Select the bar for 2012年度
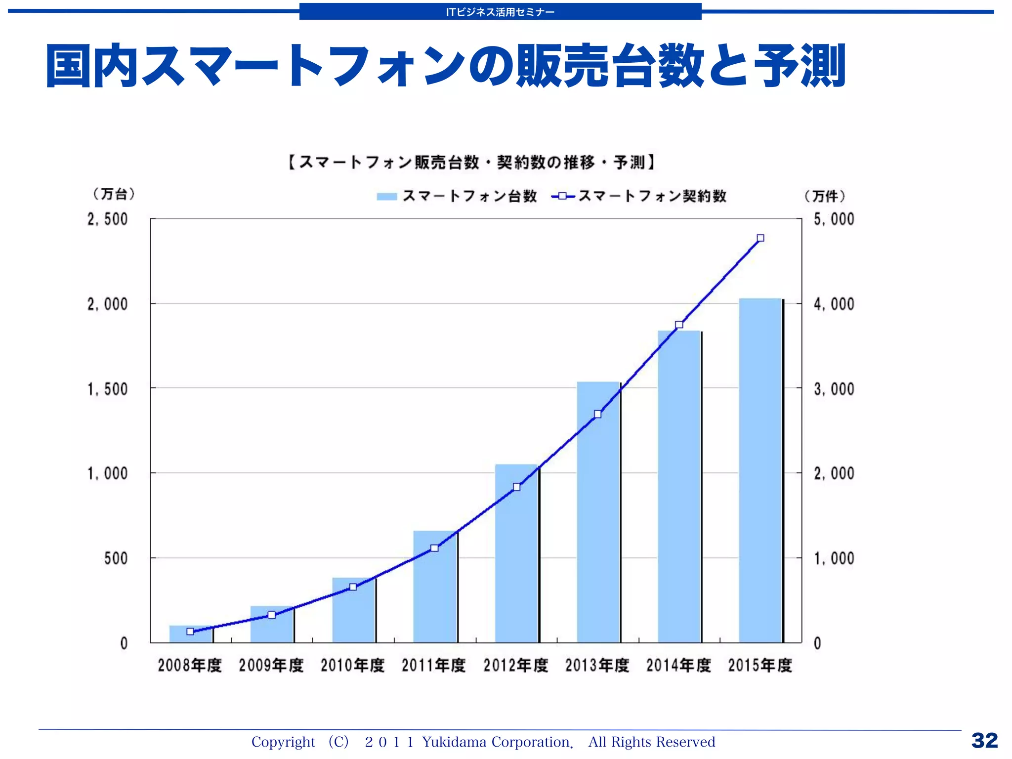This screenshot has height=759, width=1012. coord(516,553)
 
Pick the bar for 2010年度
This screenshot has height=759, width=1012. coord(353,610)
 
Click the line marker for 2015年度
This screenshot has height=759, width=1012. coord(760,238)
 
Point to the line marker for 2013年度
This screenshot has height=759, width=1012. coord(597,414)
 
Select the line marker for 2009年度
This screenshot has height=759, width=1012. coord(272,615)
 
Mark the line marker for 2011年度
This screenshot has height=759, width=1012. coord(434,548)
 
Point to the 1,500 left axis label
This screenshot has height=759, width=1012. coord(108,389)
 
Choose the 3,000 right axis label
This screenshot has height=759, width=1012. coord(834,389)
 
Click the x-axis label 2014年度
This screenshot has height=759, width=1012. coord(678,666)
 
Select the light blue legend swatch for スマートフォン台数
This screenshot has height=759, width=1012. coord(386,197)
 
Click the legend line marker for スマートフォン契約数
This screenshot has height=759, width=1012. coord(562,196)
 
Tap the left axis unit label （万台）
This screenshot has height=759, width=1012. coord(114,194)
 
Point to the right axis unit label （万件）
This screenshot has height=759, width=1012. coord(825,196)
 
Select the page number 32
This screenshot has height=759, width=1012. coord(984,741)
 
